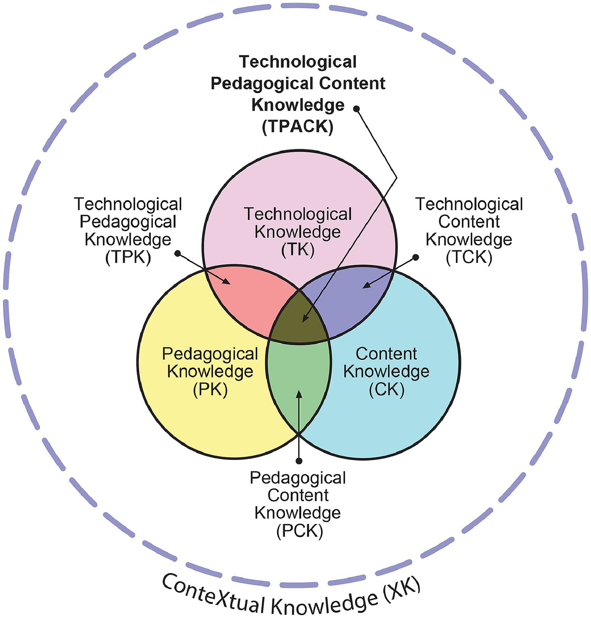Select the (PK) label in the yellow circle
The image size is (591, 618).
coord(210,390)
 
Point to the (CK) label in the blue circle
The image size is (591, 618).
coord(387,390)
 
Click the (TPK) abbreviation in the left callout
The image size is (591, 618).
coord(128,258)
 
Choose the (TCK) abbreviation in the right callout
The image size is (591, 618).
coord(469,258)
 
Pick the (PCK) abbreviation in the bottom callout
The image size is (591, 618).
coord(299,531)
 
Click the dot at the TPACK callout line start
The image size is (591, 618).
coord(356,108)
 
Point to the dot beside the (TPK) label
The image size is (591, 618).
coord(178,253)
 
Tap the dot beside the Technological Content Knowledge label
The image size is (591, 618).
coord(416,258)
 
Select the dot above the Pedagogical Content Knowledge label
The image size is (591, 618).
coord(298,460)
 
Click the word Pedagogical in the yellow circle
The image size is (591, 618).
coord(210,354)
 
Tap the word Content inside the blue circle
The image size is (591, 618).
coord(386,354)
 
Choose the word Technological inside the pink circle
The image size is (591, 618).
coord(298,214)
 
